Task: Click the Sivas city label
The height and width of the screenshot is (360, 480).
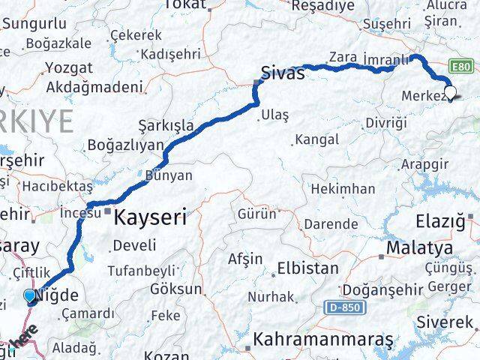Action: pos(283,73)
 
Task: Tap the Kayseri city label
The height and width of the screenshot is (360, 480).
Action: pos(150,218)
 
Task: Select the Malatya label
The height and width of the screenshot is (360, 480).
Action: pos(419,247)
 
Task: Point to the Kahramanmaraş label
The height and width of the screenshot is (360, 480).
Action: pos(323,340)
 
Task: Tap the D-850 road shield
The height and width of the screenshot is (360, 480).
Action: pos(344,307)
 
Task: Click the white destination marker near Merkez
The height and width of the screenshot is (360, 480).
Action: pos(450,92)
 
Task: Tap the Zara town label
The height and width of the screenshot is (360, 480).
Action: pos(343,56)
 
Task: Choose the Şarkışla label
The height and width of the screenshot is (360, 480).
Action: pos(166,124)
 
